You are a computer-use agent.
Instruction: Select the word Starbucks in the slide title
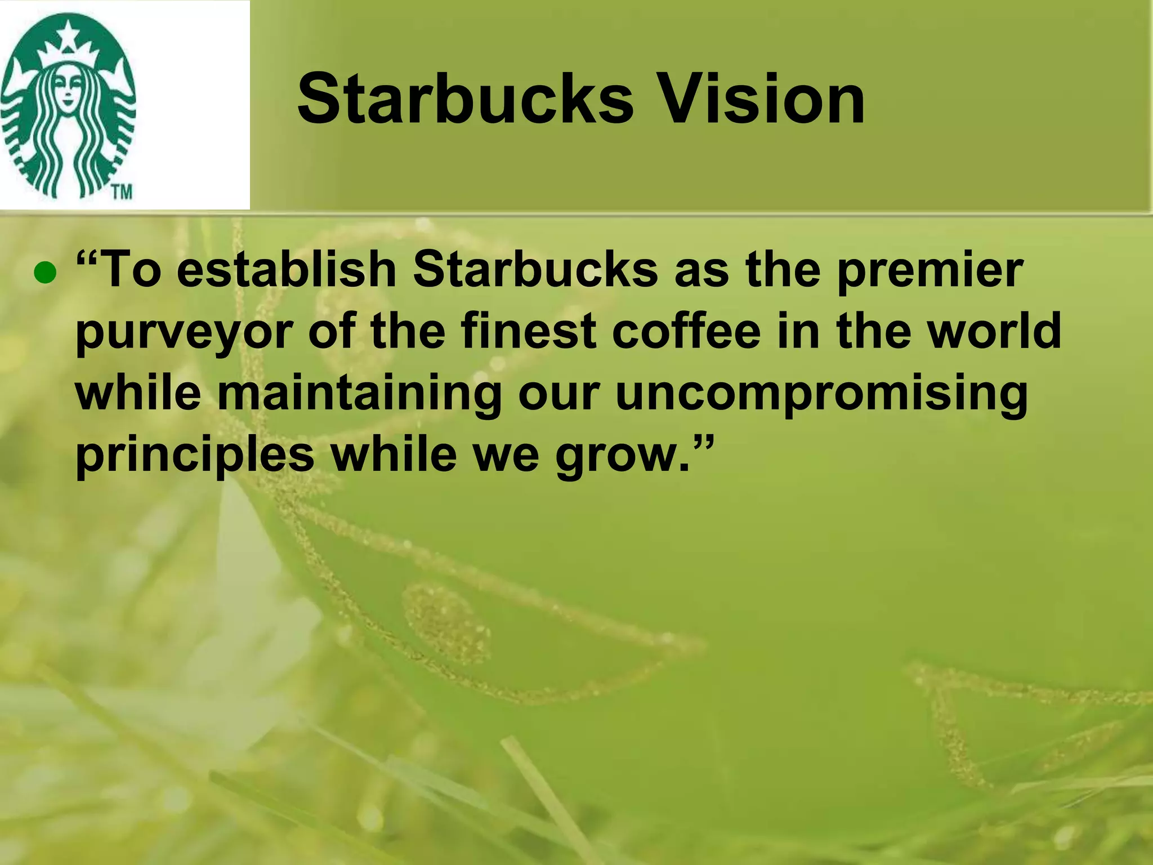465,100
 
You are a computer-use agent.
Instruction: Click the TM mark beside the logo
121,192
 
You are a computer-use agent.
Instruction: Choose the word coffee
686,331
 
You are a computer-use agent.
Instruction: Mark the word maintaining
359,393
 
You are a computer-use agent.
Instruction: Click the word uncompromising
821,393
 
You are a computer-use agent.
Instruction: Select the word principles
195,455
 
